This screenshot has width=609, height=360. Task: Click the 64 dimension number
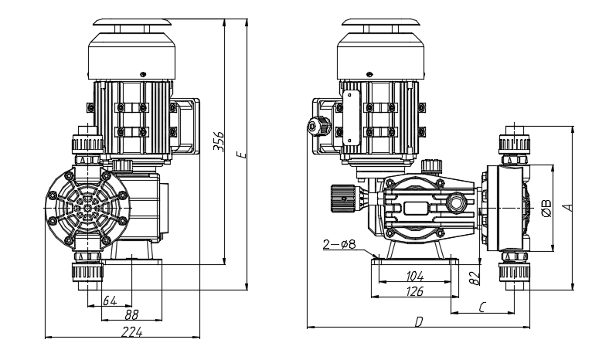tap(109, 300)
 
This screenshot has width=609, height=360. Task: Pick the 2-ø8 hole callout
tap(339, 246)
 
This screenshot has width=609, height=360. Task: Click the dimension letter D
tap(418, 322)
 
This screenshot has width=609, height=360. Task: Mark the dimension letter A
tap(570, 206)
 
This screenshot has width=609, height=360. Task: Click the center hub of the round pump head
tap(86, 208)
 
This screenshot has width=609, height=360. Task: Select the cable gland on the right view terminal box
tap(314, 125)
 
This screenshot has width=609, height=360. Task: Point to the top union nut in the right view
tap(512, 142)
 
